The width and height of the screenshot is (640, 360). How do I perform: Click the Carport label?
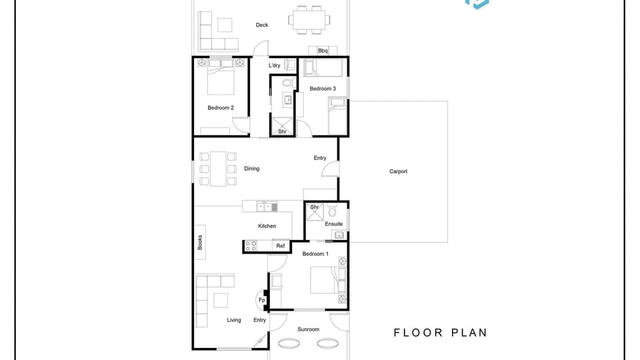[398, 171]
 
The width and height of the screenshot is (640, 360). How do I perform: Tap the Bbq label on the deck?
[323, 51]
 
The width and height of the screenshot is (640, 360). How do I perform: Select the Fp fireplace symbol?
[261, 300]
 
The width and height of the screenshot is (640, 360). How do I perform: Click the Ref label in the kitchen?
[281, 246]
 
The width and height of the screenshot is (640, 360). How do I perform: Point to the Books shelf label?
[199, 242]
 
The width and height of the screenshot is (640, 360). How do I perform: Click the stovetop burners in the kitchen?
[251, 246]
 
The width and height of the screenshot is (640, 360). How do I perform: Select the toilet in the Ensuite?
[332, 211]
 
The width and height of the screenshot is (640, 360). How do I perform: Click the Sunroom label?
[308, 329]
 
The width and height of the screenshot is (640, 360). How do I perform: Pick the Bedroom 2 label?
[221, 108]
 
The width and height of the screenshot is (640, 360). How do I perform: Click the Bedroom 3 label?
[323, 89]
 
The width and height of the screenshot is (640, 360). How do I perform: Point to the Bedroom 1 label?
[315, 254]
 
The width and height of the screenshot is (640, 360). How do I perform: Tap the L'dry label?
[274, 65]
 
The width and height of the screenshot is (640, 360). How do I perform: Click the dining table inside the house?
[218, 169]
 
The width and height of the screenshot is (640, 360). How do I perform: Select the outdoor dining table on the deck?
[309, 19]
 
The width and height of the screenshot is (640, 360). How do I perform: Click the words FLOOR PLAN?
[441, 333]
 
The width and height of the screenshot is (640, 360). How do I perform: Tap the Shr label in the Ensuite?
[314, 207]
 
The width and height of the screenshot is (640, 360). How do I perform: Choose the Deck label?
[261, 25]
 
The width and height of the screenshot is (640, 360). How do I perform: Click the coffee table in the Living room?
[221, 301]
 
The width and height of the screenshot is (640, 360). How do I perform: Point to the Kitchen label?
[267, 226]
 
